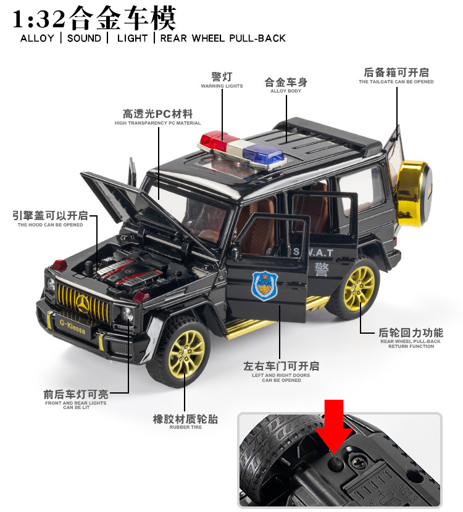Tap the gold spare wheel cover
point(414,191)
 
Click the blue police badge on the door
point(264,285)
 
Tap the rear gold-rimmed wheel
point(358,287)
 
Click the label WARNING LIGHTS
point(222,86)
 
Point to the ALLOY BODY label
point(286,91)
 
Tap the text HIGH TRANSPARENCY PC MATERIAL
point(157,123)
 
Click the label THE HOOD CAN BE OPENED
point(50,225)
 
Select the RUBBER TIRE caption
point(185,427)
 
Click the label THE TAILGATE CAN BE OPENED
point(396,82)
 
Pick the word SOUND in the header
point(84,38)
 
